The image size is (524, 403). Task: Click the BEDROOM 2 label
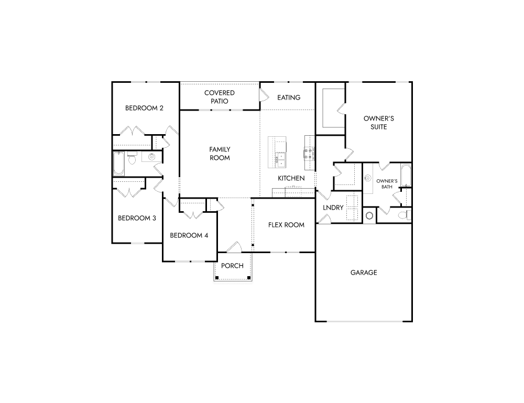144,108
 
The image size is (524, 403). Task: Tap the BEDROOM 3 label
137,218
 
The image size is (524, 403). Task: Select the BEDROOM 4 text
189,235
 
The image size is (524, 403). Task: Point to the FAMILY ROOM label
220,154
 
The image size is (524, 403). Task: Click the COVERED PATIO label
220,97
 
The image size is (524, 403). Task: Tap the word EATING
289,97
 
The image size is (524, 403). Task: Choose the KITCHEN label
291,178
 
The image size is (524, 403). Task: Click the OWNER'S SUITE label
378,123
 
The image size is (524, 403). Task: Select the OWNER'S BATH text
387,183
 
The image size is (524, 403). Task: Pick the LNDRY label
333,208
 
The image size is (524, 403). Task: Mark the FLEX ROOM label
286,225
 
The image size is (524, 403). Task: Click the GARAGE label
364,273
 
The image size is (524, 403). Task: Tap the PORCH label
232,266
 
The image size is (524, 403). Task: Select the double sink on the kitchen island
281,156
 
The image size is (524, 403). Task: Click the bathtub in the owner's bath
406,175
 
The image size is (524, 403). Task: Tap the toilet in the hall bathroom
132,158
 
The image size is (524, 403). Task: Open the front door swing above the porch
234,246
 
